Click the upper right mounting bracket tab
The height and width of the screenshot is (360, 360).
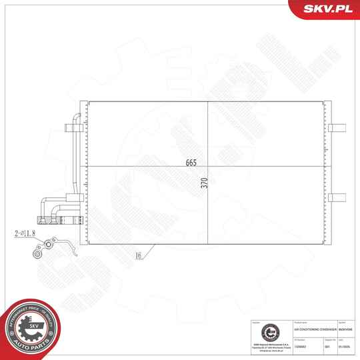(x=337, y=127)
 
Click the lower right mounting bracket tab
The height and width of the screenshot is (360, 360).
(x=337, y=197)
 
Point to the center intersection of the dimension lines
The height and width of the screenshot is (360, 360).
(x=208, y=166)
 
